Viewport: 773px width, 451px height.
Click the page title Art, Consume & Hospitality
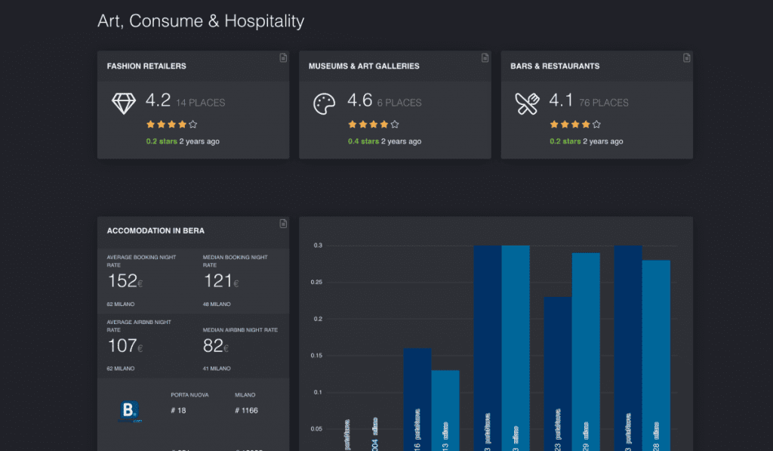(x=201, y=21)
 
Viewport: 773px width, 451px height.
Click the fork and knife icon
(x=526, y=103)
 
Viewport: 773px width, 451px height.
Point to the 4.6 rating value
(x=359, y=100)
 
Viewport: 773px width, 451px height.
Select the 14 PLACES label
(x=200, y=103)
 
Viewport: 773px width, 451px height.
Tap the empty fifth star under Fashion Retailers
(x=193, y=125)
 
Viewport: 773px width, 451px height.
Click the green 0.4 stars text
(x=363, y=141)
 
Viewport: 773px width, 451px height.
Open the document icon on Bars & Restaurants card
(x=686, y=57)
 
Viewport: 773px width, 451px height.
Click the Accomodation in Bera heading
(x=156, y=230)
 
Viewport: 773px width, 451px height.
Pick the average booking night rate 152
(x=122, y=281)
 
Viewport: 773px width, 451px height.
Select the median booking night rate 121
(x=218, y=281)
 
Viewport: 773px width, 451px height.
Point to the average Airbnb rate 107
(x=122, y=346)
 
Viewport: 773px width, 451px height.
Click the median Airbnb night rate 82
(x=214, y=346)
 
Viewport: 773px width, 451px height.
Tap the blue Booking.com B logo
(x=131, y=411)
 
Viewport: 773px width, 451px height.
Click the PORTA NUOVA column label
(x=189, y=394)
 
